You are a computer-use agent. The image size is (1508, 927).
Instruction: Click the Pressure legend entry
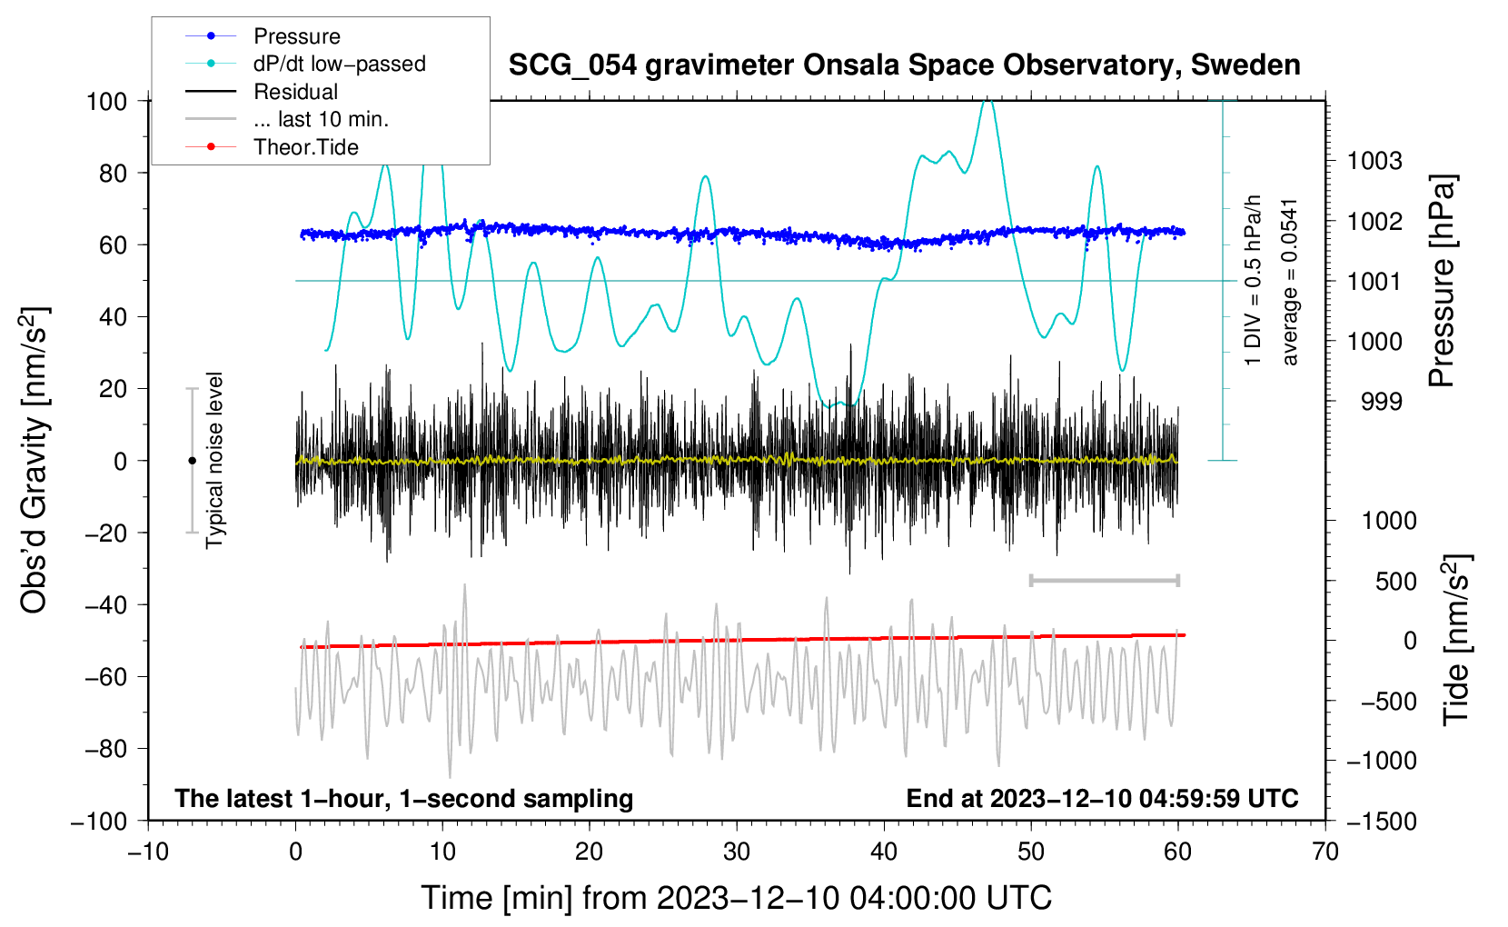point(263,35)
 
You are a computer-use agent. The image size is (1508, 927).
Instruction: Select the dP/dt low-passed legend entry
point(305,64)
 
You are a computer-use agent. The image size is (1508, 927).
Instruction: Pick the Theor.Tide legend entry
point(272,147)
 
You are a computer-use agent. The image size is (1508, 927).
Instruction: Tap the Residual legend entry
point(262,92)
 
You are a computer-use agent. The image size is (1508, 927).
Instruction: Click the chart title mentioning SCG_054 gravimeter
point(904,65)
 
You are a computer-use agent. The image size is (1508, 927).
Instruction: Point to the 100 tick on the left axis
point(106,102)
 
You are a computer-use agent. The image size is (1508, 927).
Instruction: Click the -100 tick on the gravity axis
point(99,822)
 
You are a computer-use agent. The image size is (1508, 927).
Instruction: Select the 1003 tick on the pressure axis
point(1374,161)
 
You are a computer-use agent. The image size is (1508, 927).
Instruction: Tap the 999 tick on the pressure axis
point(1382,402)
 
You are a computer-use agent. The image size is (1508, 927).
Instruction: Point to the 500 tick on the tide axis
point(1395,581)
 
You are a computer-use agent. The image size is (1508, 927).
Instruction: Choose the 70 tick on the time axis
point(1324,852)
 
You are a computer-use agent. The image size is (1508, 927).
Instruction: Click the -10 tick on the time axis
point(148,852)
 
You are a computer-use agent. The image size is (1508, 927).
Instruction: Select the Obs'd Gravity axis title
point(35,460)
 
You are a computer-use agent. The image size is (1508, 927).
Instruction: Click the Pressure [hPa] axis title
point(1442,281)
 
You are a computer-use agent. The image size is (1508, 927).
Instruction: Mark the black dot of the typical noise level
point(192,461)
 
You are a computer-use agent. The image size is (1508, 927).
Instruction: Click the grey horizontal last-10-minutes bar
point(1104,580)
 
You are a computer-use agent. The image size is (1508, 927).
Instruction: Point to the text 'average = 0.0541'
point(1288,283)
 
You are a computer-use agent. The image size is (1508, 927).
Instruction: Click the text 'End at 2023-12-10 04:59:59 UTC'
point(1102,798)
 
